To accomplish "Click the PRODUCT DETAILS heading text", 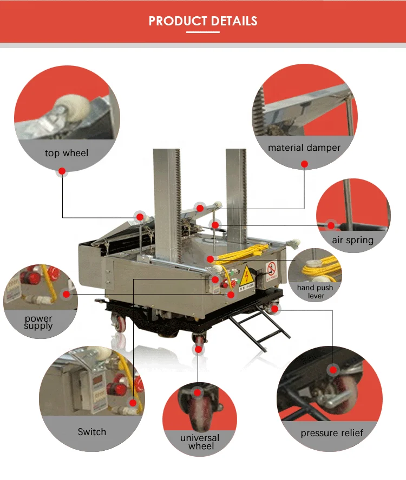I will click(203, 21).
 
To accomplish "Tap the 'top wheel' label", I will click(66, 154).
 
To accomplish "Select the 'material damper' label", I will click(304, 148).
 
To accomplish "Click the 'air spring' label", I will click(353, 240).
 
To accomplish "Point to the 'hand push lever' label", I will click(315, 292).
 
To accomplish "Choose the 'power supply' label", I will click(38, 323).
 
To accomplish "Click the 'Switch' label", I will click(91, 432).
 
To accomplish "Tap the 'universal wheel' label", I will click(200, 442).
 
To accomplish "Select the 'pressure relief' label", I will click(332, 433).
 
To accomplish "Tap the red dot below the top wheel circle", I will click(62, 171).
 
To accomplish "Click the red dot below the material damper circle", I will click(304, 164).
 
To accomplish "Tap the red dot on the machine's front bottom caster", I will click(199, 350).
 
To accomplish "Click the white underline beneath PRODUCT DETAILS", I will click(203, 32).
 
